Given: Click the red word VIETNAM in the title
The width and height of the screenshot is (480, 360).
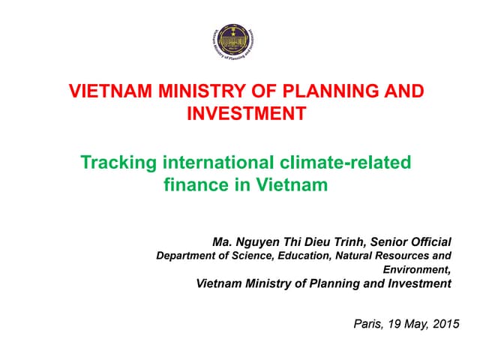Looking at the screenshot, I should point(107,92).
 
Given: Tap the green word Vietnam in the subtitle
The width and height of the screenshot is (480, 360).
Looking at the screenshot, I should point(291,184).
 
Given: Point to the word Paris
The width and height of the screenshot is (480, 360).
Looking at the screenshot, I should point(367,324).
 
